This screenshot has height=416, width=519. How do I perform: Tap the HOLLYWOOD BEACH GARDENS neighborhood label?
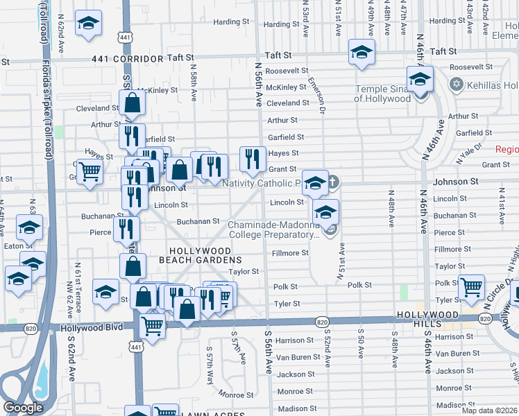point(201,254)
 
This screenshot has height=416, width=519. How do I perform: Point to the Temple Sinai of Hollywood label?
point(382,94)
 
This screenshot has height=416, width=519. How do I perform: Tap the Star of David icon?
point(456,84)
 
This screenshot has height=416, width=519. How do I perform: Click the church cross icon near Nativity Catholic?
point(332,182)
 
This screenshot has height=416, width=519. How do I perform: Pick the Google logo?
point(23,408)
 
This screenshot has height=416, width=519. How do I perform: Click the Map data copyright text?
point(489,410)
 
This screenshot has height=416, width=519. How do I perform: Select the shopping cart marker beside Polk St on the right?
point(472,286)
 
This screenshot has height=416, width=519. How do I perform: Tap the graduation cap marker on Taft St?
point(361,53)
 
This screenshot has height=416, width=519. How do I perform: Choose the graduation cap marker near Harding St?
point(88,24)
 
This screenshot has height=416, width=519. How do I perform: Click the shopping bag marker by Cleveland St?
point(132,103)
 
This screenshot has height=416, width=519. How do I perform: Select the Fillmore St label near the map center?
point(290,253)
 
